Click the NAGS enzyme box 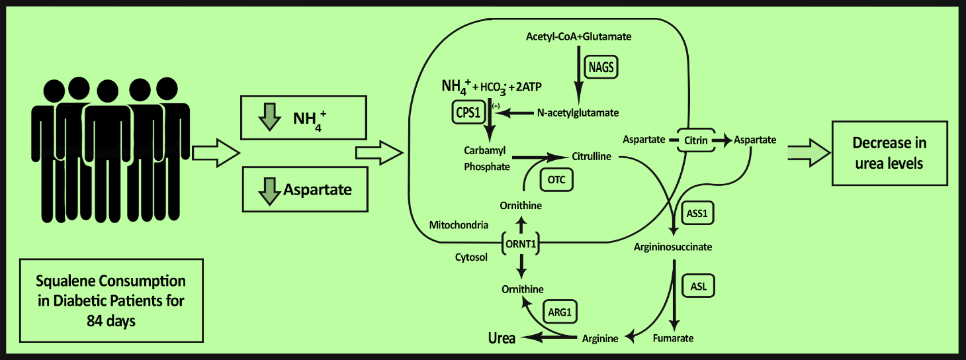coord(601,67)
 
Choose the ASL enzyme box coord(698,287)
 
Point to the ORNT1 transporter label coord(520,244)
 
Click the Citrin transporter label coord(697,140)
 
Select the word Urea coord(502,337)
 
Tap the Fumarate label coord(673,338)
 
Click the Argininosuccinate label coord(672,247)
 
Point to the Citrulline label coord(591,157)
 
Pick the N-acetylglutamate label coord(578,113)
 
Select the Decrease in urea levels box coord(889,153)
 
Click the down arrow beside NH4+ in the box coord(268,117)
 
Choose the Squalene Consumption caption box coord(110,300)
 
